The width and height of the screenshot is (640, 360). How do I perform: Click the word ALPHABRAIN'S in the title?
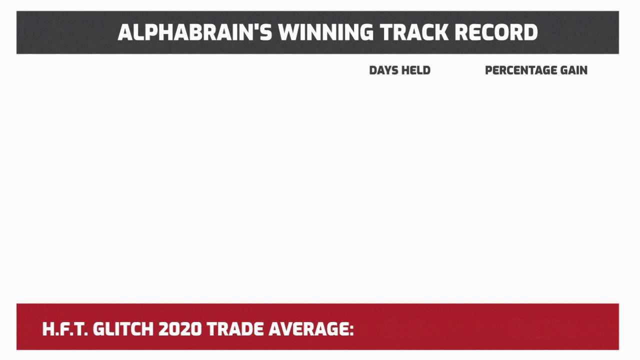195,32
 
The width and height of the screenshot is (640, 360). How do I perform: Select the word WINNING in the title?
326,32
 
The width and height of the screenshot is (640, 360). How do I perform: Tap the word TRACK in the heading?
414,32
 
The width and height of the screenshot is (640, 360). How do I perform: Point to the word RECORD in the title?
496,32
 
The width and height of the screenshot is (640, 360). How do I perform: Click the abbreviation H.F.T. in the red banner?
65,329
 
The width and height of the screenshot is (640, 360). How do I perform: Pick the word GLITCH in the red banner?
123,329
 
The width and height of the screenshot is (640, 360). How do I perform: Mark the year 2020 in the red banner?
180,329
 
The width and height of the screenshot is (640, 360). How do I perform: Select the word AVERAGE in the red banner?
308,329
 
